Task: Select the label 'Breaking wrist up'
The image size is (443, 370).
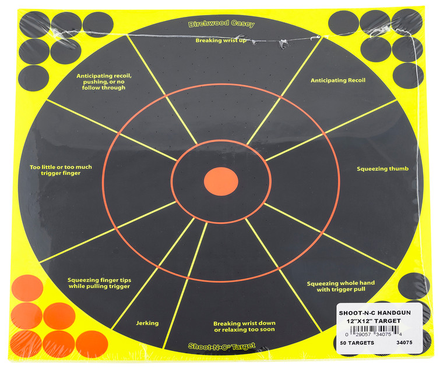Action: point(220,41)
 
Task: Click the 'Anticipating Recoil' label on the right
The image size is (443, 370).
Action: point(337,80)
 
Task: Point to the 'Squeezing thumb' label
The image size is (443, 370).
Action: point(382,169)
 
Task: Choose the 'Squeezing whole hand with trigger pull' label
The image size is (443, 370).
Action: point(340,286)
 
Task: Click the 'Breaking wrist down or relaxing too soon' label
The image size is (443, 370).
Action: point(244,326)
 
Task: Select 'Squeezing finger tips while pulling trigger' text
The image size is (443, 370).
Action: point(99,283)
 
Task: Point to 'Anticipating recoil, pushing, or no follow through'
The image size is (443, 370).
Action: point(105,81)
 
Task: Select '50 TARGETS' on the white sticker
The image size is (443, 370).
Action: point(357,343)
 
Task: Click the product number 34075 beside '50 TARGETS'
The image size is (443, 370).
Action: point(405,343)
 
